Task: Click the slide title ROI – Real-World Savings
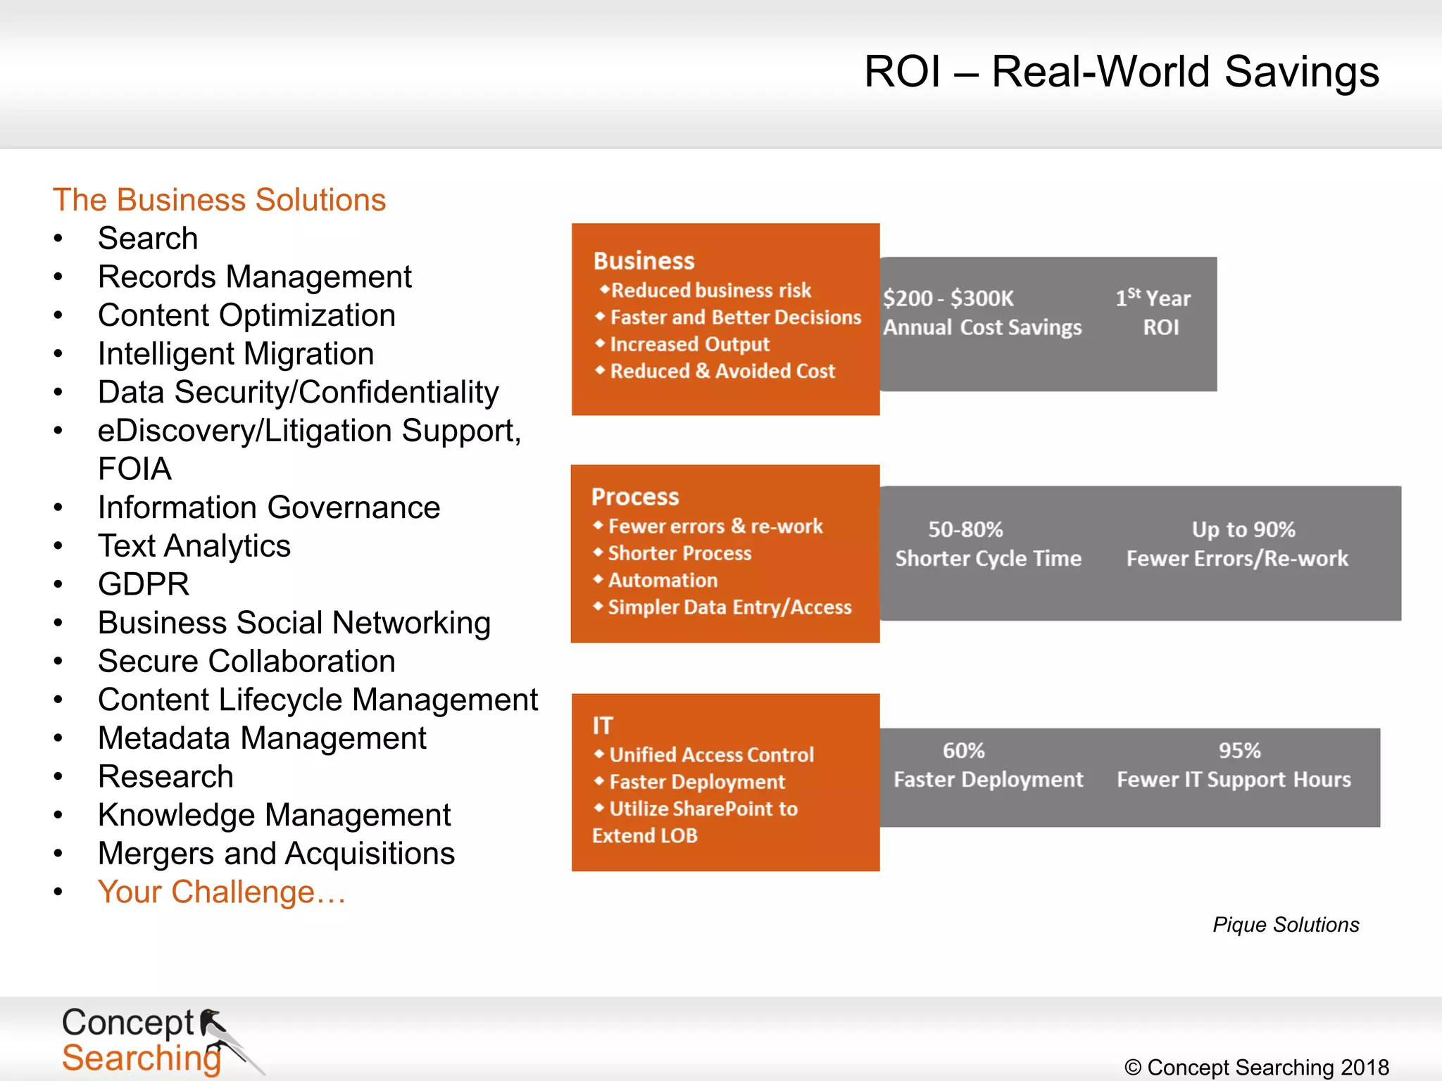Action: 1121,72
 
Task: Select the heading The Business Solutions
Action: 219,200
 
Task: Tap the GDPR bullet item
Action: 144,584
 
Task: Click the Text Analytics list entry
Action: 194,546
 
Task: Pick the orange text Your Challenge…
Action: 222,892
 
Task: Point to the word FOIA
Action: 134,469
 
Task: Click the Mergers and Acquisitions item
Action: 276,854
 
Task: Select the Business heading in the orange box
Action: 644,261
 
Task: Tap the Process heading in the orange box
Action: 635,497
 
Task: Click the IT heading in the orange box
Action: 603,726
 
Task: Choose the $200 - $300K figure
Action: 948,298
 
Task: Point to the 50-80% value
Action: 965,529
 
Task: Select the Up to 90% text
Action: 1243,529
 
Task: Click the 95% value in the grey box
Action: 1239,751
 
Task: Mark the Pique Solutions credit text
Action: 1286,925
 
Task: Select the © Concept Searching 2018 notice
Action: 1257,1067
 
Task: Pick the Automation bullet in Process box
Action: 663,581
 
